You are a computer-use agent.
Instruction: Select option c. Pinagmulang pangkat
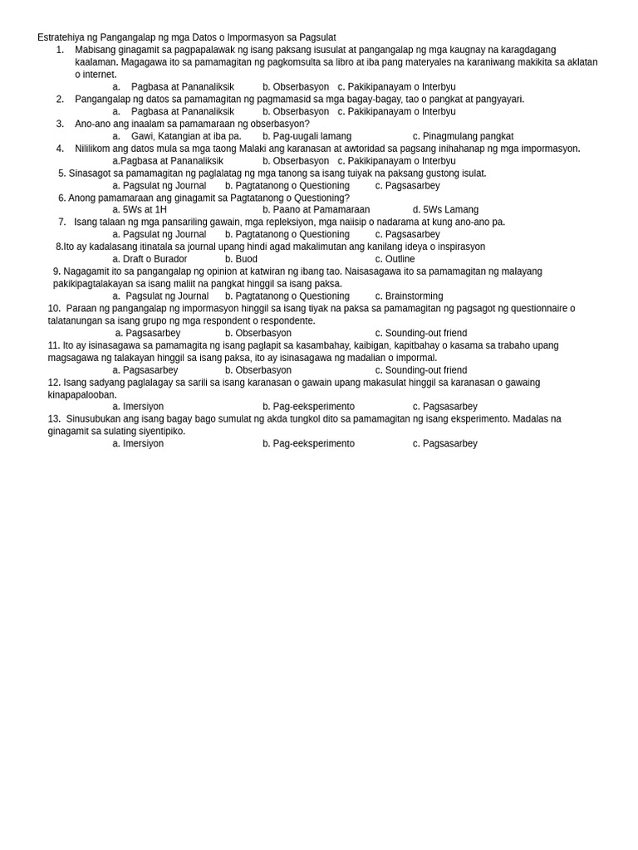463,136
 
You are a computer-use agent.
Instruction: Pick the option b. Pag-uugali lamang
307,136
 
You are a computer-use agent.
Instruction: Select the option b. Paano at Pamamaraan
316,210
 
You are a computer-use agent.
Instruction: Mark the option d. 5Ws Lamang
445,210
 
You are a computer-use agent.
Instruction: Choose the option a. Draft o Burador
150,259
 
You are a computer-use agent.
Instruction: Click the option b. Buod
241,259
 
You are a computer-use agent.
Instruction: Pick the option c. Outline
395,259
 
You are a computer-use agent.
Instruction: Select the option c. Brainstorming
409,296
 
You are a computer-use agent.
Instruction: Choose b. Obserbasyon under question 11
258,370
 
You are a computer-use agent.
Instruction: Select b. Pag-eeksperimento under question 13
308,444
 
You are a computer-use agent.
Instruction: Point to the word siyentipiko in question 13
160,432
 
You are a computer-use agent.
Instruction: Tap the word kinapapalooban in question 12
81,395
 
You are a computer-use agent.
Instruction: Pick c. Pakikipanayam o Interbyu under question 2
396,111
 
